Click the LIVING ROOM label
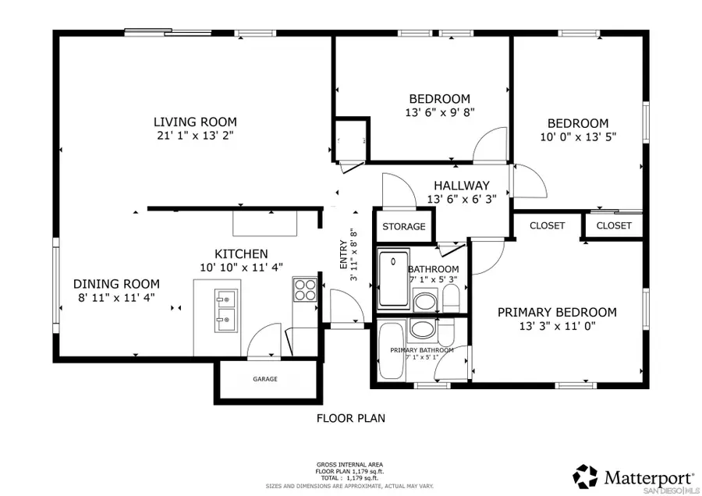click(x=195, y=122)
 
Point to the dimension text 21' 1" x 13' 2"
click(x=195, y=135)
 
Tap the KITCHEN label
click(x=241, y=254)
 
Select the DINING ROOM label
click(x=116, y=284)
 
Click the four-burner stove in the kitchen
click(x=303, y=290)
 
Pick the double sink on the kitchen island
click(x=226, y=307)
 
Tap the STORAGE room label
click(x=404, y=227)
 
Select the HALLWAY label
click(x=462, y=186)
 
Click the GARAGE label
click(x=264, y=379)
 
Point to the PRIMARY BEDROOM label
click(x=557, y=312)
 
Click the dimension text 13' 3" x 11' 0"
click(x=557, y=327)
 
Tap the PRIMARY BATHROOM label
click(x=422, y=350)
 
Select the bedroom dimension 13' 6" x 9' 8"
click(x=440, y=112)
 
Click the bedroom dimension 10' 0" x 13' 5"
click(x=577, y=136)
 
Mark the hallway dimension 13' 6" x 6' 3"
click(x=462, y=199)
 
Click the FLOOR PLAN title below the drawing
click(x=350, y=418)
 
